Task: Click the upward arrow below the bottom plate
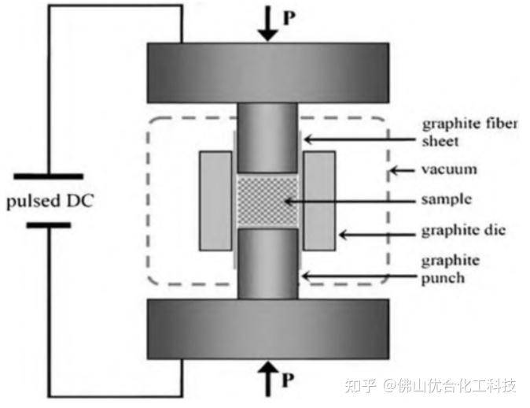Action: point(267,379)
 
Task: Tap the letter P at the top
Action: point(289,16)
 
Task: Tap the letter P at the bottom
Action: point(289,383)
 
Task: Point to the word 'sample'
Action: point(447,199)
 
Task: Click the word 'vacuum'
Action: point(448,169)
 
